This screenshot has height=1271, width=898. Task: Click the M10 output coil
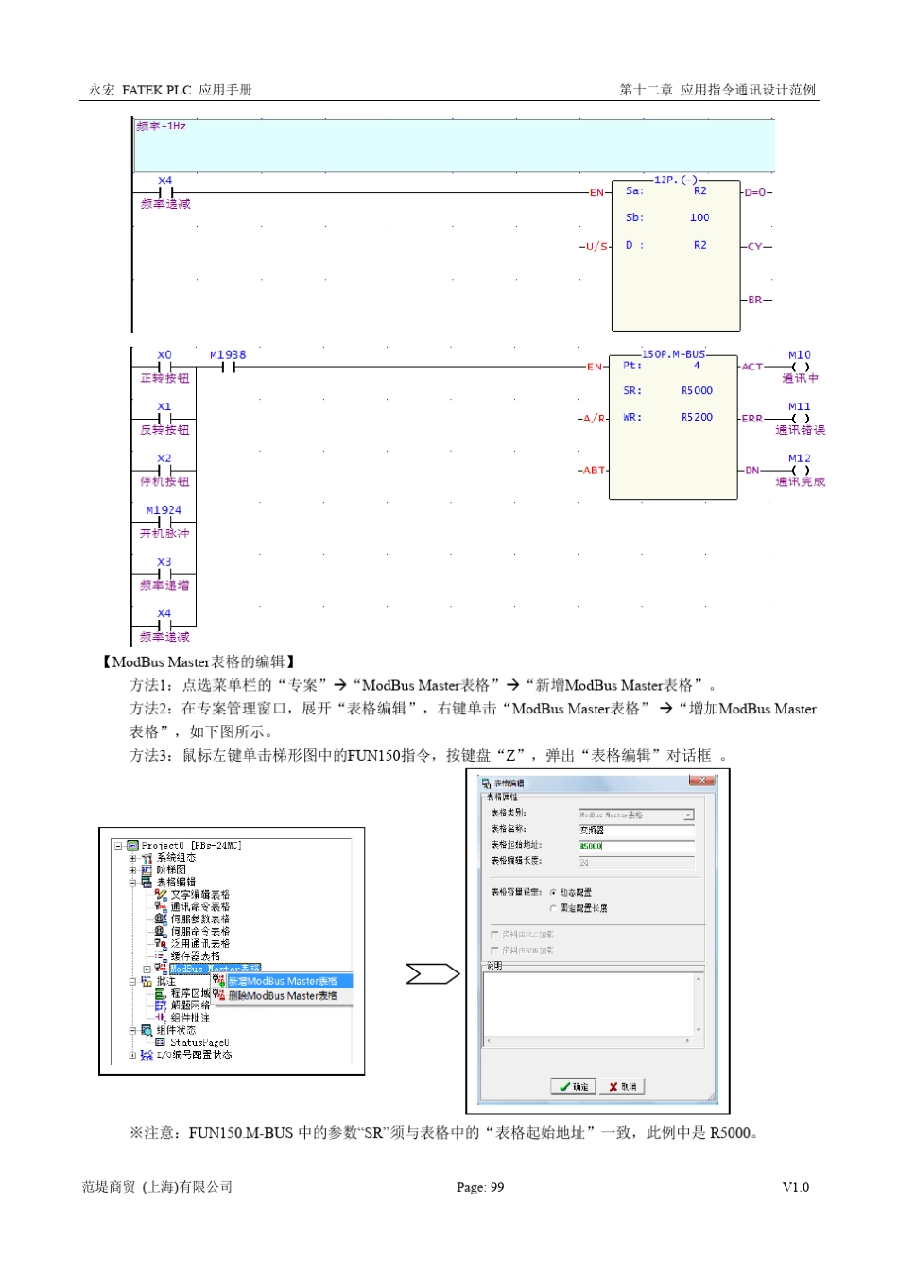pos(800,367)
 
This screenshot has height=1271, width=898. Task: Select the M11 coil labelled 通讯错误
pos(800,418)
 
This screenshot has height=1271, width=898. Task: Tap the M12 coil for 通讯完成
pos(800,470)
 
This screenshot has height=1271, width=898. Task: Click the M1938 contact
pos(228,367)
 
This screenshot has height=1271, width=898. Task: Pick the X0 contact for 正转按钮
pos(164,367)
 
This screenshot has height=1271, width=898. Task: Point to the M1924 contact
pos(164,522)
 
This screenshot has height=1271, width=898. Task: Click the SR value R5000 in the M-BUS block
pos(697,391)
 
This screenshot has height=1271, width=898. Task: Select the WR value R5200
pos(697,417)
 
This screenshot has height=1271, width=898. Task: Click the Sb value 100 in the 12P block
pos(699,217)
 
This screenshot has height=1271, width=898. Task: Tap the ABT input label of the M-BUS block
pos(593,470)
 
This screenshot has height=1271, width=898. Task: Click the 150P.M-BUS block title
pos(673,354)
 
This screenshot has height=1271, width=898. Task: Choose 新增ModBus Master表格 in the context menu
pos(283,981)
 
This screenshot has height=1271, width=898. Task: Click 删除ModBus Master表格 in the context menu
pos(283,995)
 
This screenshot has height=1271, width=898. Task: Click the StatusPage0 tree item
pos(199,1042)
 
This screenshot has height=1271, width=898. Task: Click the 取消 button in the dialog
pos(623,1087)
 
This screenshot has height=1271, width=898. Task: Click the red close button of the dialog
pos(700,781)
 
